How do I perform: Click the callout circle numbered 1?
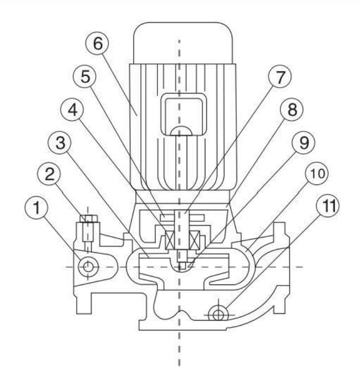pyautogui.click(x=37, y=208)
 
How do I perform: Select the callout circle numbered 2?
pyautogui.click(x=49, y=174)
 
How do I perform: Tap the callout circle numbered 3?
pyautogui.click(x=60, y=143)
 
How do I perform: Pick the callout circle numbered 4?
pyautogui.click(x=72, y=110)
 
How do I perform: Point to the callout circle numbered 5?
pyautogui.click(x=85, y=77)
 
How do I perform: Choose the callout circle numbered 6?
pyautogui.click(x=97, y=44)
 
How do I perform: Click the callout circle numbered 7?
pyautogui.click(x=280, y=77)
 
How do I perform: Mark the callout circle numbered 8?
pyautogui.click(x=292, y=109)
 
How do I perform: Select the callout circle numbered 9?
pyautogui.click(x=304, y=143)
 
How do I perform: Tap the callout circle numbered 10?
pyautogui.click(x=317, y=174)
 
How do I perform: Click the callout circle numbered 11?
pyautogui.click(x=328, y=205)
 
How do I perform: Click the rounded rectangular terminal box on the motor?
pyautogui.click(x=184, y=114)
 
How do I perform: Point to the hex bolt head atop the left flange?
pyautogui.click(x=89, y=218)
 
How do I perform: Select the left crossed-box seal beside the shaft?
pyautogui.click(x=170, y=240)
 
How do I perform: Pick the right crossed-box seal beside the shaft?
pyautogui.click(x=195, y=240)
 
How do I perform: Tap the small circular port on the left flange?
pyautogui.click(x=88, y=267)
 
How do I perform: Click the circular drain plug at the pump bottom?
pyautogui.click(x=218, y=315)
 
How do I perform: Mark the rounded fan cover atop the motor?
pyautogui.click(x=183, y=43)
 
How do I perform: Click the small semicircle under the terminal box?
pyautogui.click(x=181, y=131)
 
